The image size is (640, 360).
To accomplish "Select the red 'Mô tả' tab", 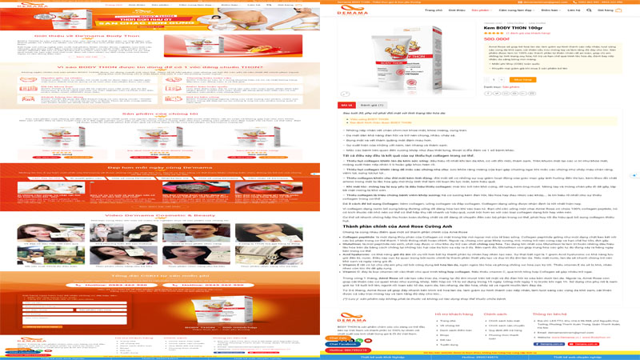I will pos(346,104).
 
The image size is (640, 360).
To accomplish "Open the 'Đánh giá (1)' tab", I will pos(370,104).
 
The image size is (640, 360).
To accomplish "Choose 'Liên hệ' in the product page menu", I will pos(574,10).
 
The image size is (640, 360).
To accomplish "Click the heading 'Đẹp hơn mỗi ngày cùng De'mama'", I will pos(159,167).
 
